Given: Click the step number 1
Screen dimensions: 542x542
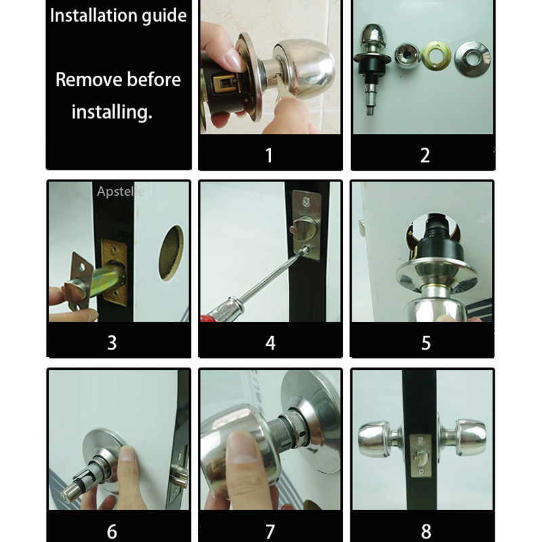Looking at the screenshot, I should tap(269, 154).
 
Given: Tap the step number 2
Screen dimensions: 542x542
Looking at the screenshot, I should tap(425, 154).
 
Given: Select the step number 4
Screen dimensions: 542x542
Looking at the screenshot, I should tap(270, 342).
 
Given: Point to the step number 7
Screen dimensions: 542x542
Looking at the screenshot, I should tap(270, 530).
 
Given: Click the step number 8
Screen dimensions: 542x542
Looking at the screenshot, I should tap(425, 530).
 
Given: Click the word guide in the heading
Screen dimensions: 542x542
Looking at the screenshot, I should tap(161, 16).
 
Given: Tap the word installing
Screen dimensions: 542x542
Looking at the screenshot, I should tap(112, 111).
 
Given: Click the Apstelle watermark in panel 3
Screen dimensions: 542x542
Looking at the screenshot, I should tap(121, 192).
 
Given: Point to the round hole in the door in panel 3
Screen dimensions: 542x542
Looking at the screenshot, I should tap(171, 253).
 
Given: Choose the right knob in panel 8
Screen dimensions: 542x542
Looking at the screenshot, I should tap(471, 438).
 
